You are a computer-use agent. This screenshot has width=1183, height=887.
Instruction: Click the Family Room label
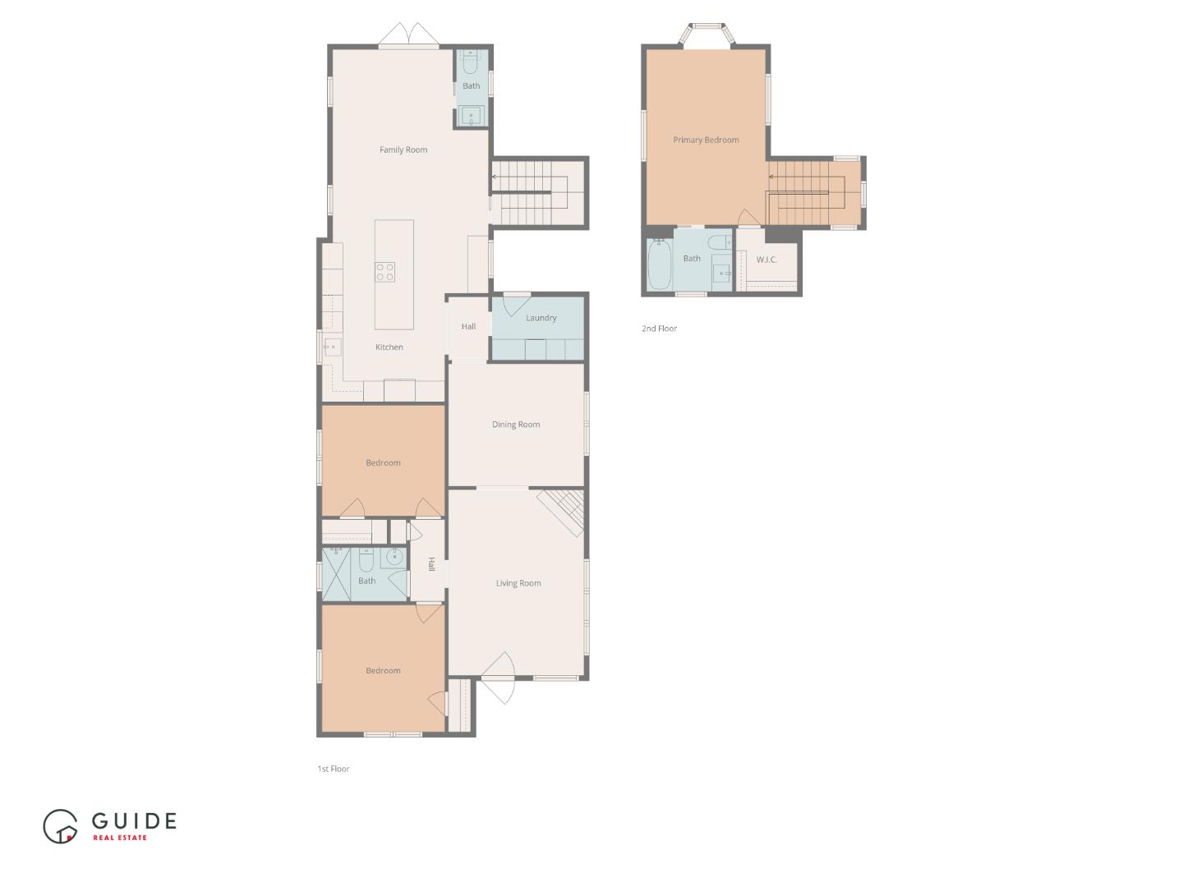click(x=403, y=149)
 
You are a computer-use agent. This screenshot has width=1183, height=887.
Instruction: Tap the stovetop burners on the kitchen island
click(x=384, y=272)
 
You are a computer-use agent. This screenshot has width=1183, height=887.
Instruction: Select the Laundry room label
click(x=541, y=318)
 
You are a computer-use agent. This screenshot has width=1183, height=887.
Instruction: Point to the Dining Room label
click(x=516, y=425)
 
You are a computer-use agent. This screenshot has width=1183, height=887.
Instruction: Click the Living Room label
click(x=518, y=583)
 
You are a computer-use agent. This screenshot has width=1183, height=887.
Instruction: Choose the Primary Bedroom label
click(x=706, y=140)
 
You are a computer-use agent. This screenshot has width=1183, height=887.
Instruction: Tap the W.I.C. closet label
click(x=766, y=260)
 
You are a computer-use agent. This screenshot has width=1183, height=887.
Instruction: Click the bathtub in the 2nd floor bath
click(x=659, y=264)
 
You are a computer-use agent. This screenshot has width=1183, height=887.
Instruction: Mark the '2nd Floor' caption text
click(x=659, y=329)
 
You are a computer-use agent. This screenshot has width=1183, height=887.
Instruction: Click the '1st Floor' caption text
click(x=334, y=769)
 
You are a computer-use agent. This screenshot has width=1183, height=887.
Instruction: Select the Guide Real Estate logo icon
click(x=60, y=826)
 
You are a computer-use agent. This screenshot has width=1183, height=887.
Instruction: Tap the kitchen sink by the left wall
click(x=332, y=347)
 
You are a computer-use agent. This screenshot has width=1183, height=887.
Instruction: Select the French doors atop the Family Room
click(x=409, y=35)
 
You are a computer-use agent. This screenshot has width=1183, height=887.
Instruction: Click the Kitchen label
click(x=389, y=347)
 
